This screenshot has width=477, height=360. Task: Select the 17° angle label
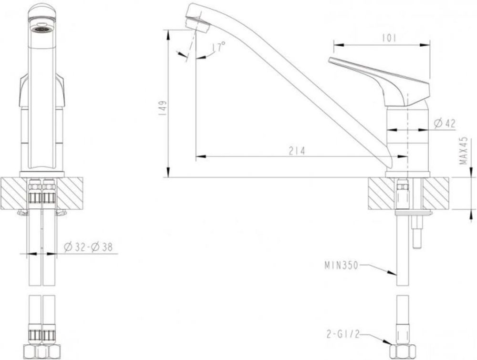click(218, 47)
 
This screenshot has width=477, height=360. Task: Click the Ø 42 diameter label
click(445, 123)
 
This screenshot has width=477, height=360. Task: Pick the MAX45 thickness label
click(462, 151)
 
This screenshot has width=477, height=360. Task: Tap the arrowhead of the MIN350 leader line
click(395, 274)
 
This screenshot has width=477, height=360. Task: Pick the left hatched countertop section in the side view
click(381, 193)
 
